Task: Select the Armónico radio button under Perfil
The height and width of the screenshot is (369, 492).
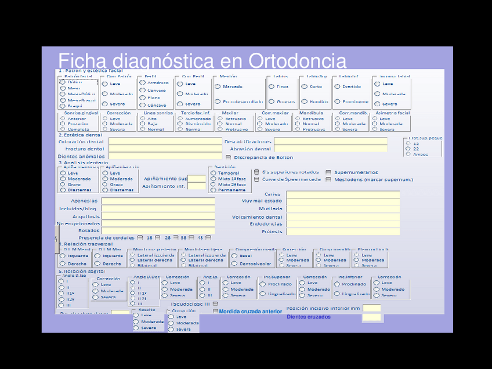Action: [143, 82]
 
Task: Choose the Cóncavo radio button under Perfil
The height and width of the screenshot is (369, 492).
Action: [143, 105]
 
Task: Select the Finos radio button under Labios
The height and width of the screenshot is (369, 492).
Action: [272, 86]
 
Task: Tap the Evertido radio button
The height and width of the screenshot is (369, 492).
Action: [337, 86]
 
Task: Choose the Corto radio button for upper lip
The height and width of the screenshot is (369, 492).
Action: [305, 86]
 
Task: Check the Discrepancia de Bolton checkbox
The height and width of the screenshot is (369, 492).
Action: [228, 157]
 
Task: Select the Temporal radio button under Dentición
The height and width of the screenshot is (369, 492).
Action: [214, 173]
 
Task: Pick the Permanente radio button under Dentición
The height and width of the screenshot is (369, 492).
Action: [214, 190]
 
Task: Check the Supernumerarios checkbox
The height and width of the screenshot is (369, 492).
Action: [329, 172]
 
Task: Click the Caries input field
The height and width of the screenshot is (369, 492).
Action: [342, 194]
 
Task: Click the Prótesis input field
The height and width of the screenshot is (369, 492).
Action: [342, 231]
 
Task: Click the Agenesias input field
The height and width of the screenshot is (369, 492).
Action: [158, 201]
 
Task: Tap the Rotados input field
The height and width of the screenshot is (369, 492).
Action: [158, 230]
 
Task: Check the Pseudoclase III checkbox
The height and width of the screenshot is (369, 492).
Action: [216, 303]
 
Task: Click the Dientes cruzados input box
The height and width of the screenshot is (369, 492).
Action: [371, 317]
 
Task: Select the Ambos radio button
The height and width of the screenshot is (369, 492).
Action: [408, 154]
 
